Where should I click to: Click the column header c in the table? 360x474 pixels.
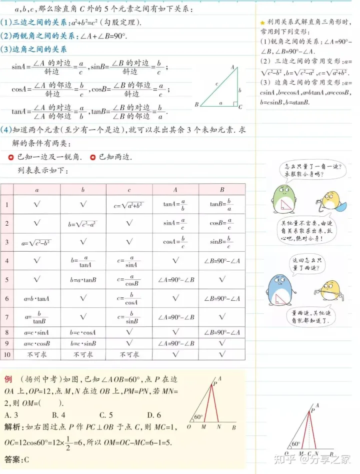[129, 190]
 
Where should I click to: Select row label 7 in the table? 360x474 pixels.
[7, 317]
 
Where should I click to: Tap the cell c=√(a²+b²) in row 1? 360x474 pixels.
[129, 205]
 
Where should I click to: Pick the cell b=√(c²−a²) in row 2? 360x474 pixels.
[83, 224]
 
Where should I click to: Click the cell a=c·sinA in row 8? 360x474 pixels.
[37, 332]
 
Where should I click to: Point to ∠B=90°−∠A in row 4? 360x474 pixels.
[222, 260]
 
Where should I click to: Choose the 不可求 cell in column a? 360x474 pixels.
[37, 354]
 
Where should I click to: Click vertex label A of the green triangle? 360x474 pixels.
[232, 67]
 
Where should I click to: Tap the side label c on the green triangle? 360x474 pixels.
[216, 84]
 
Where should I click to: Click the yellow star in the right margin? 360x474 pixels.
[262, 24]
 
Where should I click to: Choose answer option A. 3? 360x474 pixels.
[11, 414]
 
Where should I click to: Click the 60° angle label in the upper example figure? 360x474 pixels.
[198, 417]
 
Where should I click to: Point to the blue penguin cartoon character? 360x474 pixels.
[278, 290]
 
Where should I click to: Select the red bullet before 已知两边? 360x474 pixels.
[93, 157]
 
